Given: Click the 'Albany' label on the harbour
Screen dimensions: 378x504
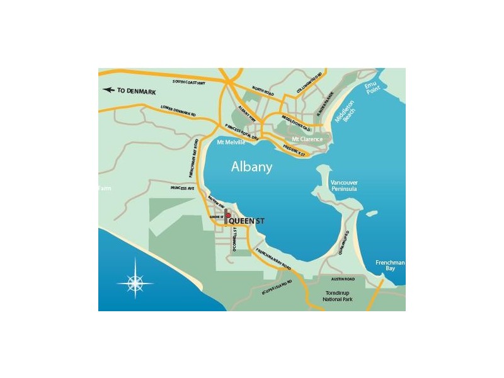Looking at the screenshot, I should point(251,168).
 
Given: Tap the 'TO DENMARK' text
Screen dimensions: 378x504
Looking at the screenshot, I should point(136,91).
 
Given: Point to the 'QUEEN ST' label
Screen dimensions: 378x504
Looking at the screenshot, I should point(246,220).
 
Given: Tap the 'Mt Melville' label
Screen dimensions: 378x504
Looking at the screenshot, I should point(231,142).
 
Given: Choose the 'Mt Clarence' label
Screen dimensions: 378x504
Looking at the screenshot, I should point(307,139).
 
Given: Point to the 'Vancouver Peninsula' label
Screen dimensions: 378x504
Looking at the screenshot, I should point(344,186).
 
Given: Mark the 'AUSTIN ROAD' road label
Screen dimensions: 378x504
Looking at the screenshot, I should point(343,278).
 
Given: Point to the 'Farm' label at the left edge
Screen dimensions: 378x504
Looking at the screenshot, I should point(103,188).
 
